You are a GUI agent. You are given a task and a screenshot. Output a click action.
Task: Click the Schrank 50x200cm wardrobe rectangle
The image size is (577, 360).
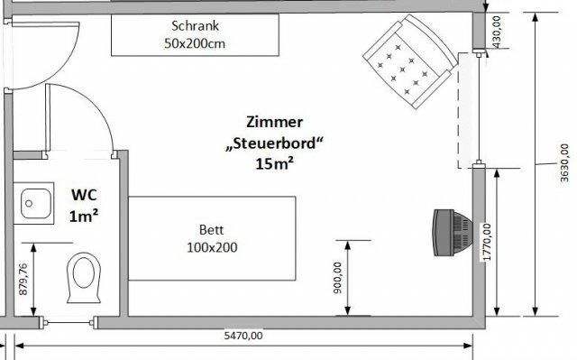(x=195, y=35)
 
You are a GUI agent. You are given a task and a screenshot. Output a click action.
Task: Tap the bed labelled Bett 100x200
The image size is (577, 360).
(x=212, y=238)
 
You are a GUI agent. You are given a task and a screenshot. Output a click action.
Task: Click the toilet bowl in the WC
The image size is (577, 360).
(x=84, y=278)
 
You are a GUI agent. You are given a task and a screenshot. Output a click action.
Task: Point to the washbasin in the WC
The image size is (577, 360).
(x=34, y=203)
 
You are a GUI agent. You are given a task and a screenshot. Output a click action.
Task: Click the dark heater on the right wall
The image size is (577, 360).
(x=453, y=233)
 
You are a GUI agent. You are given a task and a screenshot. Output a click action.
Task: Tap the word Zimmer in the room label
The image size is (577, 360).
(x=274, y=122)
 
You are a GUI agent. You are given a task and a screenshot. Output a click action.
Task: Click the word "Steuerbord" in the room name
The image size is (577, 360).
(x=274, y=143)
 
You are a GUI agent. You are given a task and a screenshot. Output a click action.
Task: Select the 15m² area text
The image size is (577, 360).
(x=274, y=164)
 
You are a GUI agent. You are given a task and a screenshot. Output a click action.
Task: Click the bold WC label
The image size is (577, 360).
(x=84, y=195)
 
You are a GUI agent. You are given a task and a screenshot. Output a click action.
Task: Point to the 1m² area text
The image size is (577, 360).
(x=84, y=216)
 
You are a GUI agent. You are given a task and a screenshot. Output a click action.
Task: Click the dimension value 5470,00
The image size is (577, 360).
(x=243, y=336)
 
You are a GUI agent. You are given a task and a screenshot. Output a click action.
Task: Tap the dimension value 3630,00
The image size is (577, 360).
(x=564, y=162)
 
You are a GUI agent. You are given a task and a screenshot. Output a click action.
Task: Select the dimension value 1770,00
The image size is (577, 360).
(x=487, y=242)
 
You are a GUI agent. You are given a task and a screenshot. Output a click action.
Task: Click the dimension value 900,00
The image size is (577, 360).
(x=337, y=278)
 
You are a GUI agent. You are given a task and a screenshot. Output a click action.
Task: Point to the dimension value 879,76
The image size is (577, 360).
(x=23, y=279)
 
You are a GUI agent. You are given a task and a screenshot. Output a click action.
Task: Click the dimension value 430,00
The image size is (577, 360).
(x=497, y=32)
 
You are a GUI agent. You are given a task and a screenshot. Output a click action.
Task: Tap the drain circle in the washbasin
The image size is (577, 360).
(x=29, y=203)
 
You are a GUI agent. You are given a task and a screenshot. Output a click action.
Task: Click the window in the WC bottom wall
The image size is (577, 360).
(x=69, y=323)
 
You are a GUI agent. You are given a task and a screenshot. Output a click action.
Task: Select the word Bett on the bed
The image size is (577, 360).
(x=212, y=230)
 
